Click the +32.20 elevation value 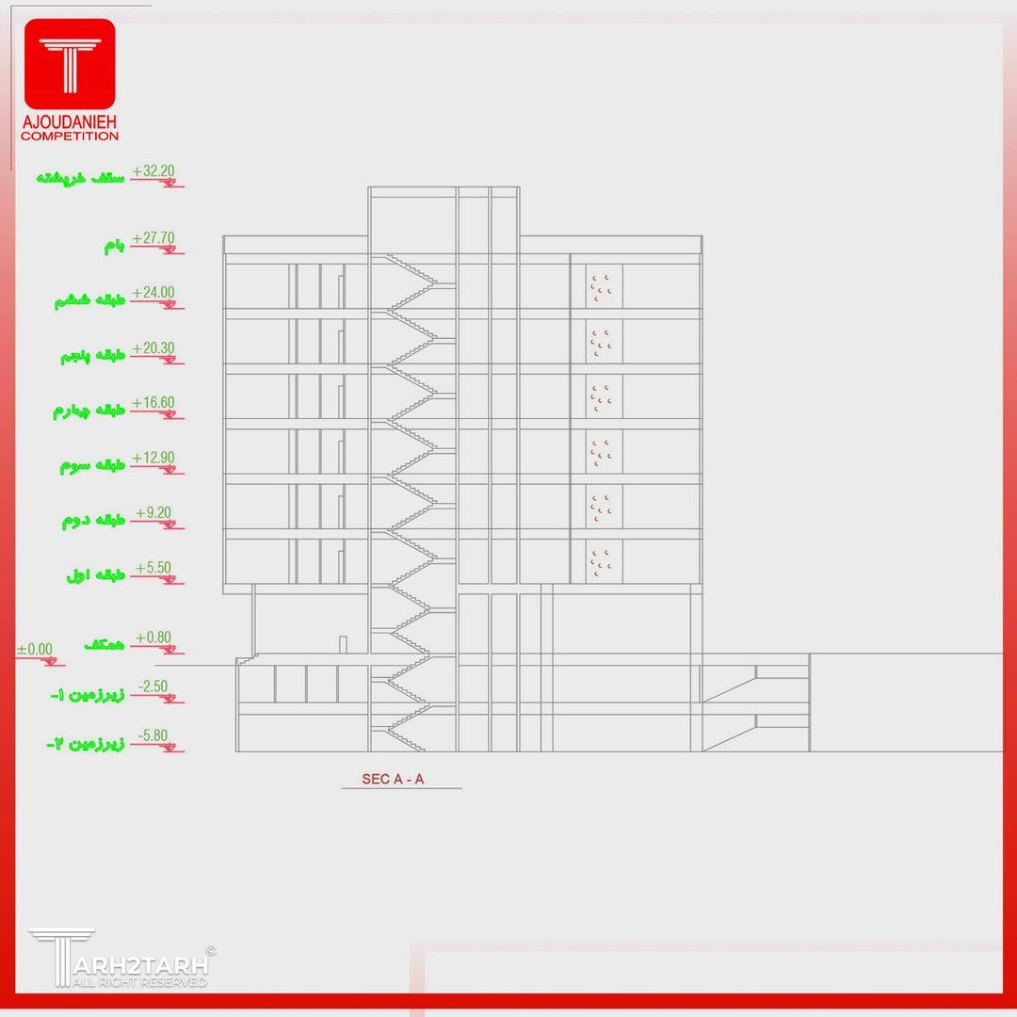[x=153, y=170]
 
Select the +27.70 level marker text [x=153, y=238]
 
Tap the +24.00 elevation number [x=153, y=293]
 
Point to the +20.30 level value [x=153, y=348]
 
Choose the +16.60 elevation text [x=153, y=403]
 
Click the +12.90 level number [x=153, y=458]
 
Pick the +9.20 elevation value [x=153, y=513]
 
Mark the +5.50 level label [x=153, y=568]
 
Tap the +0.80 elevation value [x=153, y=638]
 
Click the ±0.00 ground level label [x=35, y=649]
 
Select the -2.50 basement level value [x=153, y=686]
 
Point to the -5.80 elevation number [x=153, y=735]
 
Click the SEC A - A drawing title [x=393, y=779]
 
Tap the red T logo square [x=70, y=64]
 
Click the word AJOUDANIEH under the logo [x=70, y=121]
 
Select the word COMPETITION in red [x=70, y=137]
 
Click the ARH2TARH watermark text [x=140, y=965]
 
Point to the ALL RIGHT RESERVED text [x=139, y=982]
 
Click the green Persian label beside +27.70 [x=114, y=246]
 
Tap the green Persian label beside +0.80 [x=105, y=644]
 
